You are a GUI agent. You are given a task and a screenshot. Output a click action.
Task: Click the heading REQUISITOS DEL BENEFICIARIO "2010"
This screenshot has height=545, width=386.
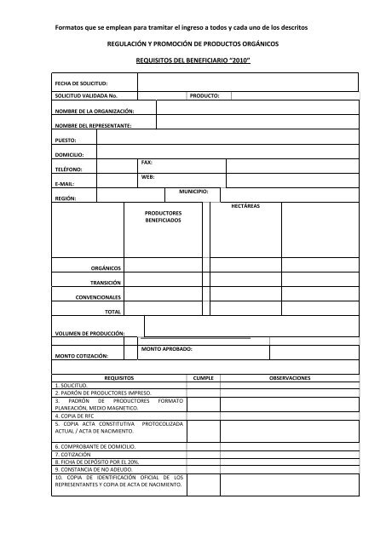[x=193, y=62]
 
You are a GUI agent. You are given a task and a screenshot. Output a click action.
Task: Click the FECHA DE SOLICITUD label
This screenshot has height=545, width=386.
[x=80, y=83]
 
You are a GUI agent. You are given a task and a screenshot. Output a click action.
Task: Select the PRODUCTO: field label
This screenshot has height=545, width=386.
[x=205, y=96]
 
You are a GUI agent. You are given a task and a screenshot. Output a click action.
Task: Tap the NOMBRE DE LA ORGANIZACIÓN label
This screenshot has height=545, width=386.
[x=94, y=111]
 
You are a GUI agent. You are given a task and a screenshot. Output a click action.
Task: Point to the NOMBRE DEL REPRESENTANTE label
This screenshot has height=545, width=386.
[x=93, y=125]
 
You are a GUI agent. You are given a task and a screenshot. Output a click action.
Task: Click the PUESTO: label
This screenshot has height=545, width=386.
[x=65, y=140]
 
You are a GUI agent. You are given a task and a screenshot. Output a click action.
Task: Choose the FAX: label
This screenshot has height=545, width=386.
[x=147, y=162]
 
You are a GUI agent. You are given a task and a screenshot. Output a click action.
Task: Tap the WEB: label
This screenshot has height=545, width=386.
[x=147, y=176]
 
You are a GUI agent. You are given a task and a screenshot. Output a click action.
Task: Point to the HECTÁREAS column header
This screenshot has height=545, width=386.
[x=245, y=206]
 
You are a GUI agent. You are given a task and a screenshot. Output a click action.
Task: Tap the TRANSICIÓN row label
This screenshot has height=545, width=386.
[x=106, y=282]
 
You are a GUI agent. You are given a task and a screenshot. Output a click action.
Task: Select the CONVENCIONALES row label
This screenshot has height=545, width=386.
[x=99, y=297]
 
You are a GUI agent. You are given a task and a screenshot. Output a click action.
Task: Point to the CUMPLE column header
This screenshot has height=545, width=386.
[x=210, y=377]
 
